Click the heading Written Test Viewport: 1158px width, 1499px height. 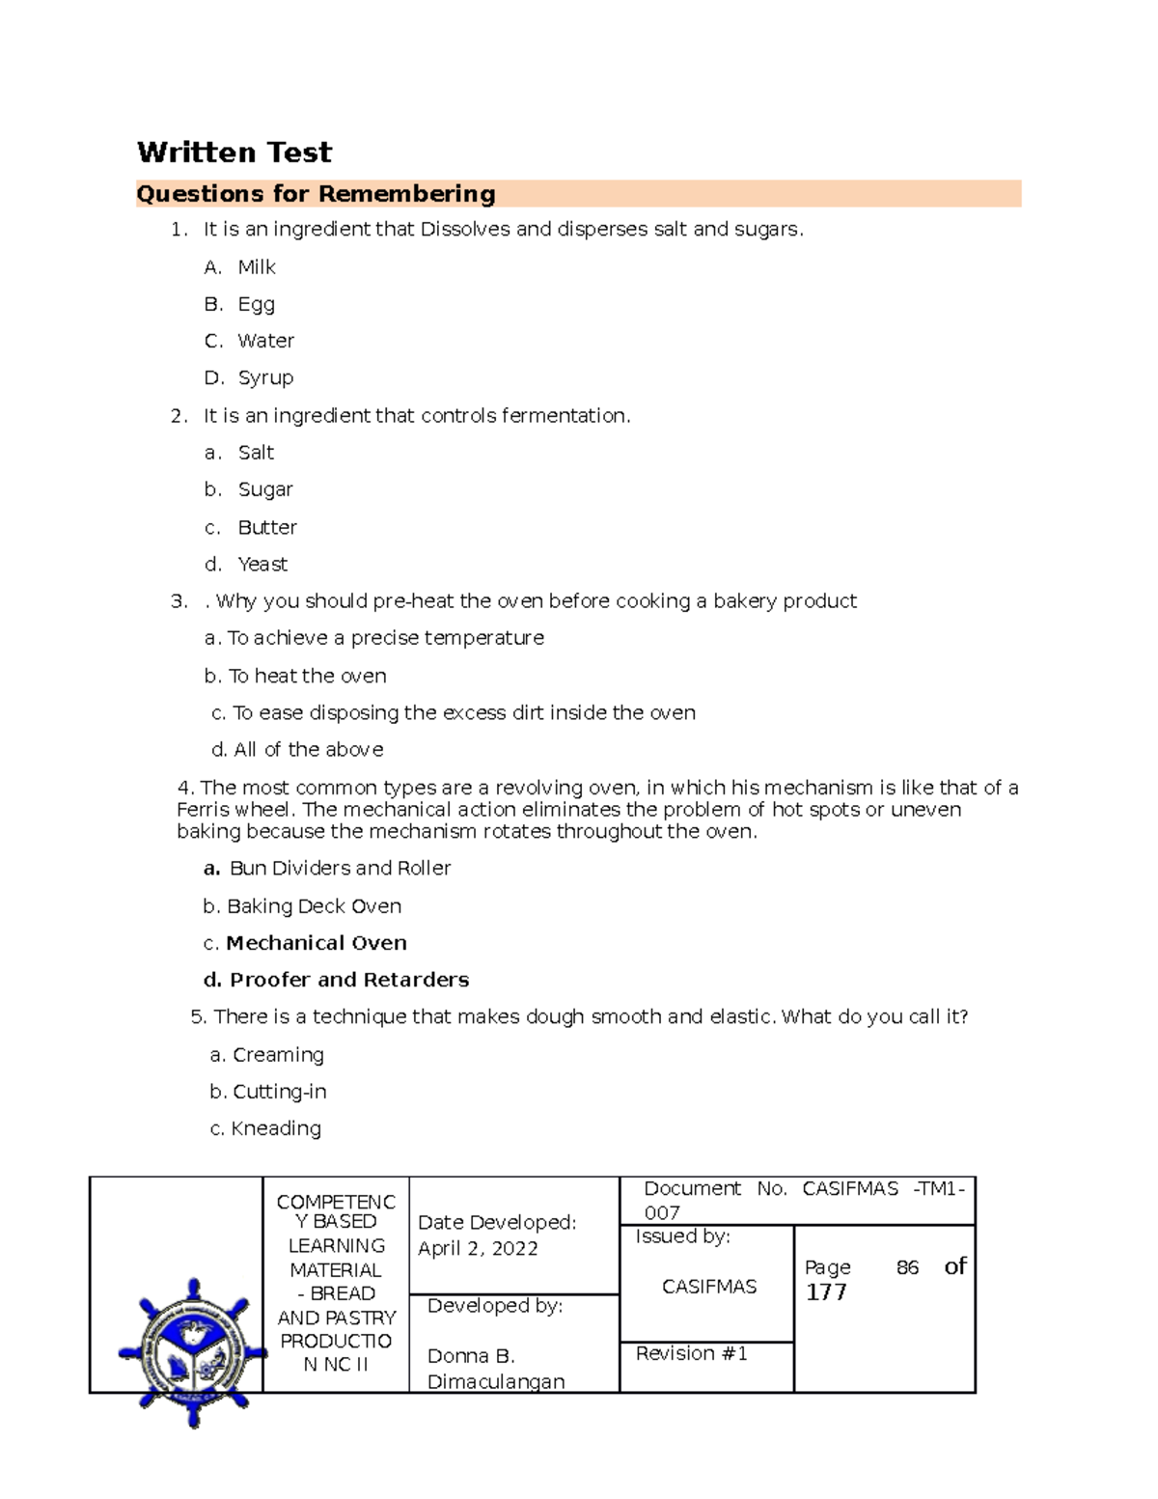point(234,153)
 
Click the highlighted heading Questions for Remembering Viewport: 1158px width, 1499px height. point(316,194)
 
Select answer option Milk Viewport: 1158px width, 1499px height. point(257,267)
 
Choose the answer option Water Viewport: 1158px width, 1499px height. point(265,341)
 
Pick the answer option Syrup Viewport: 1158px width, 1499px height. point(265,378)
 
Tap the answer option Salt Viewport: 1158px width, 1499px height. point(256,453)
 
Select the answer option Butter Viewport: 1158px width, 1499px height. point(267,528)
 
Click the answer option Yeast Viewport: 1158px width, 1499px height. point(262,565)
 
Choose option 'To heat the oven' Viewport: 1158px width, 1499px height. point(306,677)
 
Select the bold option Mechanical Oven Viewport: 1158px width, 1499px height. point(316,943)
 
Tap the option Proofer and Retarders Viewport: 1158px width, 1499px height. point(348,980)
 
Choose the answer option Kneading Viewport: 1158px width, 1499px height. point(275,1128)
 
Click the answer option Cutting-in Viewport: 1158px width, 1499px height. point(279,1092)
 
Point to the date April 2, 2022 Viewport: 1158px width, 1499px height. point(478,1249)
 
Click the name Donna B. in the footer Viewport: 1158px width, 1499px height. point(471,1356)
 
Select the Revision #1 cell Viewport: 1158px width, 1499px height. point(691,1354)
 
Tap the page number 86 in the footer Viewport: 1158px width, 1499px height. point(907,1268)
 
